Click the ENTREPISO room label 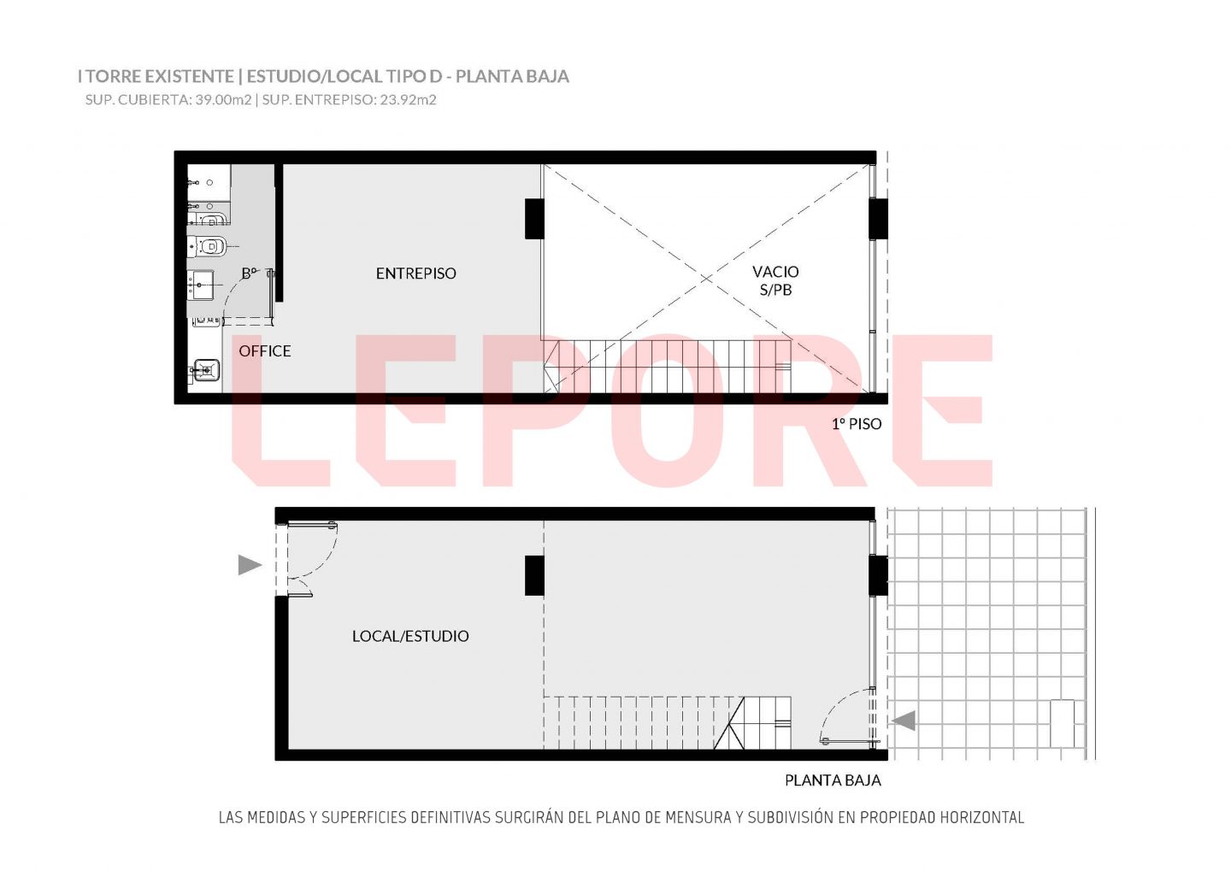416,274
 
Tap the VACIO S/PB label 775,280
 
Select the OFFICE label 265,351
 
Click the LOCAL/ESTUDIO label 410,636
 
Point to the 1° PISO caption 857,424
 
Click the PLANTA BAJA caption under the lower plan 833,780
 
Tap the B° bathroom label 250,273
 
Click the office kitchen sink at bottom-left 207,370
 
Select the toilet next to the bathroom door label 208,246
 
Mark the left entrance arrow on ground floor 250,565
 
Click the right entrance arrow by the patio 904,721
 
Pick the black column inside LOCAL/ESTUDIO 534,575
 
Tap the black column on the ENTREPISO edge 534,219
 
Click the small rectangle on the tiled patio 1062,723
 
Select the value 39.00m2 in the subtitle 223,100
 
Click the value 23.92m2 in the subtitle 409,100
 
